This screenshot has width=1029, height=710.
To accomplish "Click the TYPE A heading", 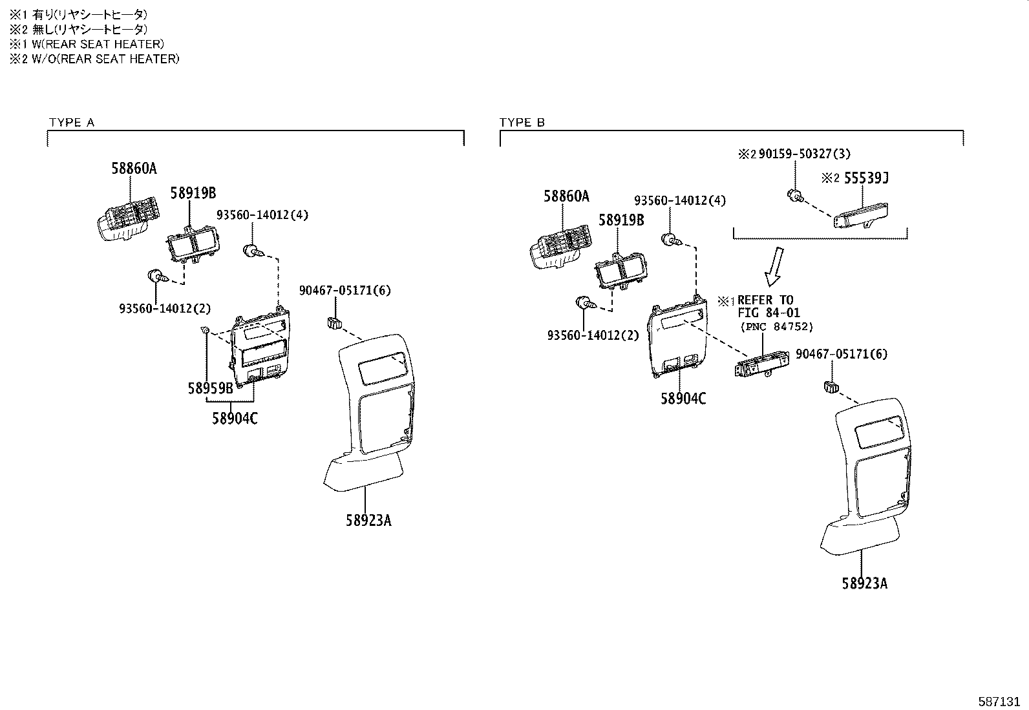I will pos(71,123).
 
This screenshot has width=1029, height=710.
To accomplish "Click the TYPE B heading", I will pos(522,123).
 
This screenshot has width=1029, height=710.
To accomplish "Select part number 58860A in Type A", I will pos(134,169).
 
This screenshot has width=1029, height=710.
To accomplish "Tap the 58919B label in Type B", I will pos(621,220).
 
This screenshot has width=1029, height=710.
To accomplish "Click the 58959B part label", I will pos(210,389).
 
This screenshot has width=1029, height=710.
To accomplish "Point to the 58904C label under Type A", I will pos(235,419).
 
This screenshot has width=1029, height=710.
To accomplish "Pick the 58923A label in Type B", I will pos(864,584).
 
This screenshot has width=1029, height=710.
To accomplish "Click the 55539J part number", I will pos(866,178).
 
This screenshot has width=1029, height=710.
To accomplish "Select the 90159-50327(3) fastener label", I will pos(804,154).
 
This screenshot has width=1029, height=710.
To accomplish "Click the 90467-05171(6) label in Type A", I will pos(345,291).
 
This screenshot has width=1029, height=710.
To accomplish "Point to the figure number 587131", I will pos(1001,700).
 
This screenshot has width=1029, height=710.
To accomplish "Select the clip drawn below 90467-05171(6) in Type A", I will pos(334,322).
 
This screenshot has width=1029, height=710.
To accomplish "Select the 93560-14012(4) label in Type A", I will pos(262,215).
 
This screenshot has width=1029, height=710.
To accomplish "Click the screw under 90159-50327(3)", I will pos(794,195).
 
